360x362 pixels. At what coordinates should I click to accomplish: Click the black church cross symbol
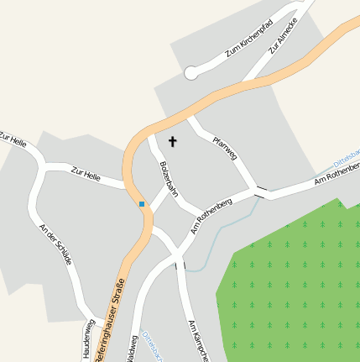tap(174, 142)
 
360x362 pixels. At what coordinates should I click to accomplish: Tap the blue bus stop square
tap(142, 204)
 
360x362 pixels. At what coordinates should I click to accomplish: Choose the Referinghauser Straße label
tap(112, 323)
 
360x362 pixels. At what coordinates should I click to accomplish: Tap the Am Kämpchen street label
tap(197, 340)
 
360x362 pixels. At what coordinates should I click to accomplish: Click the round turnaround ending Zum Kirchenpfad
tap(190, 73)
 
